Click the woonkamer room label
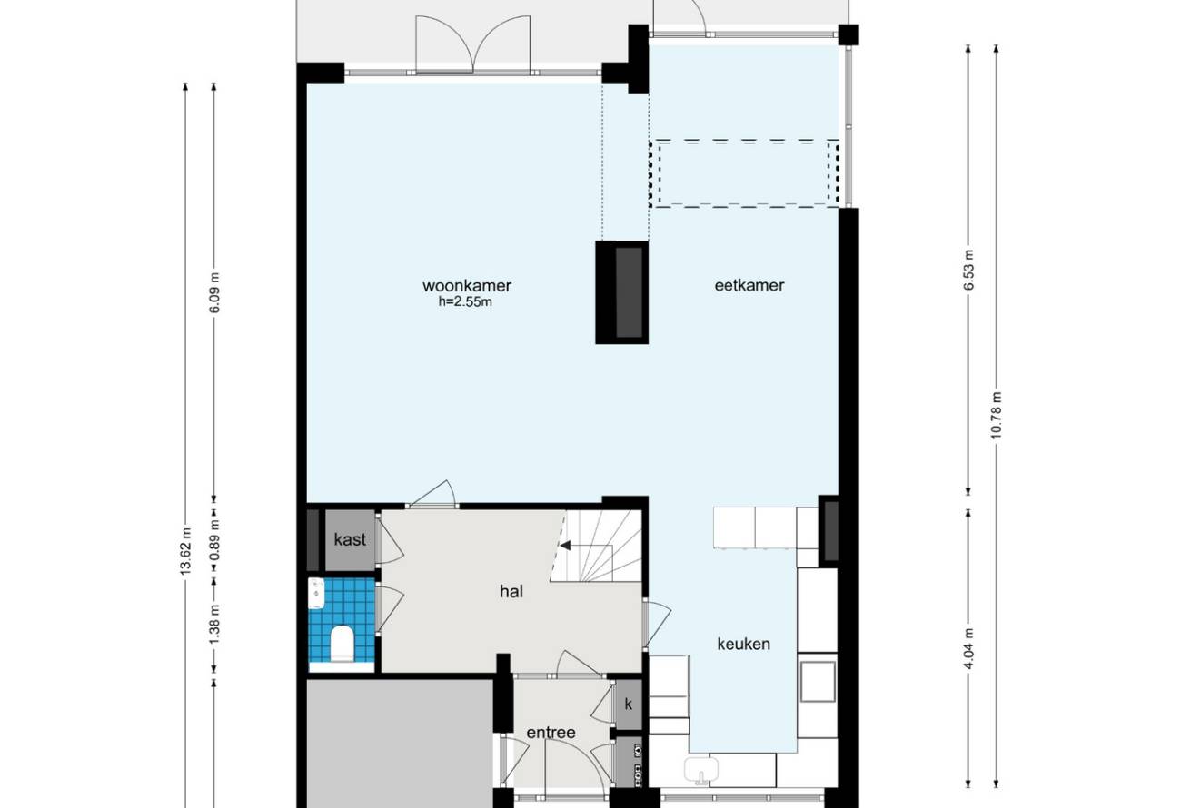[x=467, y=286]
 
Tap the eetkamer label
[x=749, y=285]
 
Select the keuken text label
[x=743, y=644]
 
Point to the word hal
[x=511, y=592]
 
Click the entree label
[x=551, y=733]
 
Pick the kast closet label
[x=350, y=540]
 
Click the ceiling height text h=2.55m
[x=465, y=301]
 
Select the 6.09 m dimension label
[x=214, y=292]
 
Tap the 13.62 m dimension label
[x=185, y=550]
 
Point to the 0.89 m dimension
[x=214, y=540]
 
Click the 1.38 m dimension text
[x=214, y=625]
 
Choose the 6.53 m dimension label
[x=968, y=271]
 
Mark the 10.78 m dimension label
[x=996, y=415]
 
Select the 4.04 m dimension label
[x=968, y=649]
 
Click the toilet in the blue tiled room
[x=341, y=643]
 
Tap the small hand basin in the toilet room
[x=316, y=593]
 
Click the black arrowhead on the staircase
[x=565, y=546]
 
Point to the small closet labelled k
[x=629, y=705]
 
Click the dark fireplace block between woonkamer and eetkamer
[x=622, y=292]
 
